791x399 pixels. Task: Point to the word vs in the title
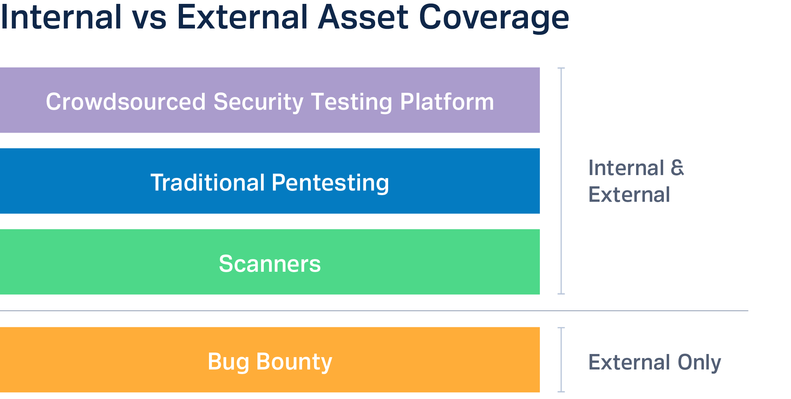point(149,20)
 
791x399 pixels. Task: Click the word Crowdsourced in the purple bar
point(126,102)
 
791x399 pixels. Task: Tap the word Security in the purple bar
point(258,103)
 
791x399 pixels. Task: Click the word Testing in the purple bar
point(352,103)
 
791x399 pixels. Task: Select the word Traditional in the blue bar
point(208,182)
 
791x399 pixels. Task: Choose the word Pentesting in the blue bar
point(331,184)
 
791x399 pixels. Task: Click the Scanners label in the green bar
point(270,264)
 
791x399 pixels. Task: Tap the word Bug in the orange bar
point(228,362)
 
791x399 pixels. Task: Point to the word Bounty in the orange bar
point(294,362)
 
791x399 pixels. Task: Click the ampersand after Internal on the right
point(677,168)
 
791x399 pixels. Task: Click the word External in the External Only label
point(629,362)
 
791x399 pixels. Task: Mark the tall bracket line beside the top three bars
point(561,181)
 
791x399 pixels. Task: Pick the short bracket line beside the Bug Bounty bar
point(561,360)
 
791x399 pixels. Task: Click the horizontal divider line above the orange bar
point(374,311)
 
